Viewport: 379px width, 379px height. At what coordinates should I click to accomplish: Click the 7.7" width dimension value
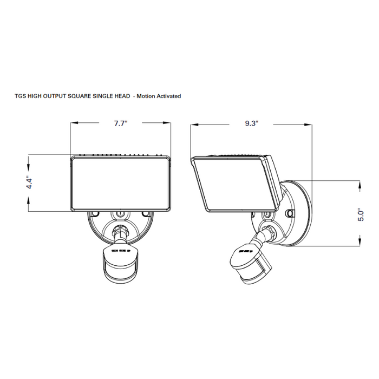(x=120, y=124)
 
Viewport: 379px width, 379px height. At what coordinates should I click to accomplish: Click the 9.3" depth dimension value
(x=251, y=124)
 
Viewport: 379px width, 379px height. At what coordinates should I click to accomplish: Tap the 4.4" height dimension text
(x=31, y=182)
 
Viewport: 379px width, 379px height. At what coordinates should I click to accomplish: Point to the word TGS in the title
(x=20, y=96)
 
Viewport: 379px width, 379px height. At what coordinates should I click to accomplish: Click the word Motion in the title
(x=146, y=96)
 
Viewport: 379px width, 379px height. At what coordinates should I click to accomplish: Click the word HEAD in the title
(x=122, y=96)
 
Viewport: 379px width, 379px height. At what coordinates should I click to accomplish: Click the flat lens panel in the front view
(x=120, y=183)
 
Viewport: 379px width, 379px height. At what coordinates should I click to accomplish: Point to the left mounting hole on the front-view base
(x=96, y=215)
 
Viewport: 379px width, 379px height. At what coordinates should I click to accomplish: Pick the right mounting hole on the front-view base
(x=144, y=215)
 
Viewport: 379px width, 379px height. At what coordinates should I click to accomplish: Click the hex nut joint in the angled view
(x=269, y=233)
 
